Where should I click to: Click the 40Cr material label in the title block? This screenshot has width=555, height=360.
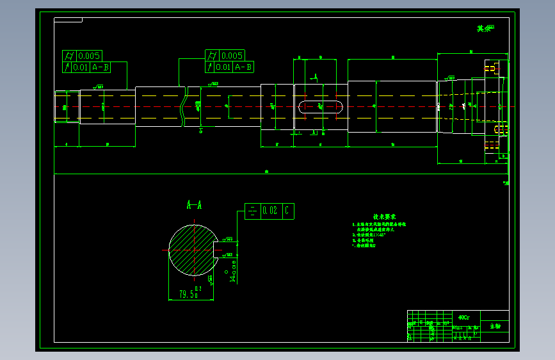464,317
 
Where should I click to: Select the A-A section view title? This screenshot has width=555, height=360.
194,205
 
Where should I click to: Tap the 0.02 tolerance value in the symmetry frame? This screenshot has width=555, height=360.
270,211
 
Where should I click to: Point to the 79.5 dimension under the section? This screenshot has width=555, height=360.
188,294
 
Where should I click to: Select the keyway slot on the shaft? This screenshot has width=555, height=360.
320,106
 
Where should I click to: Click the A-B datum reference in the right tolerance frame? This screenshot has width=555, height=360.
243,67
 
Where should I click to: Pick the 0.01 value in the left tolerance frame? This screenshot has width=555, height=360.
81,67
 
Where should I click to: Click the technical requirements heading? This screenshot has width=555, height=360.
384,217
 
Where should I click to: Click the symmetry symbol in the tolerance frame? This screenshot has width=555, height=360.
252,211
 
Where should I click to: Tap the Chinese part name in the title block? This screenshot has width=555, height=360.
495,326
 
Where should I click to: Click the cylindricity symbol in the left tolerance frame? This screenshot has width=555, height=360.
68,56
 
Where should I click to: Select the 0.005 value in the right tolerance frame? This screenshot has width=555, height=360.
231,56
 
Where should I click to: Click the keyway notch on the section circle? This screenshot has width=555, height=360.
216,250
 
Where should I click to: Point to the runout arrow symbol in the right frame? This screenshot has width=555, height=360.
210,67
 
